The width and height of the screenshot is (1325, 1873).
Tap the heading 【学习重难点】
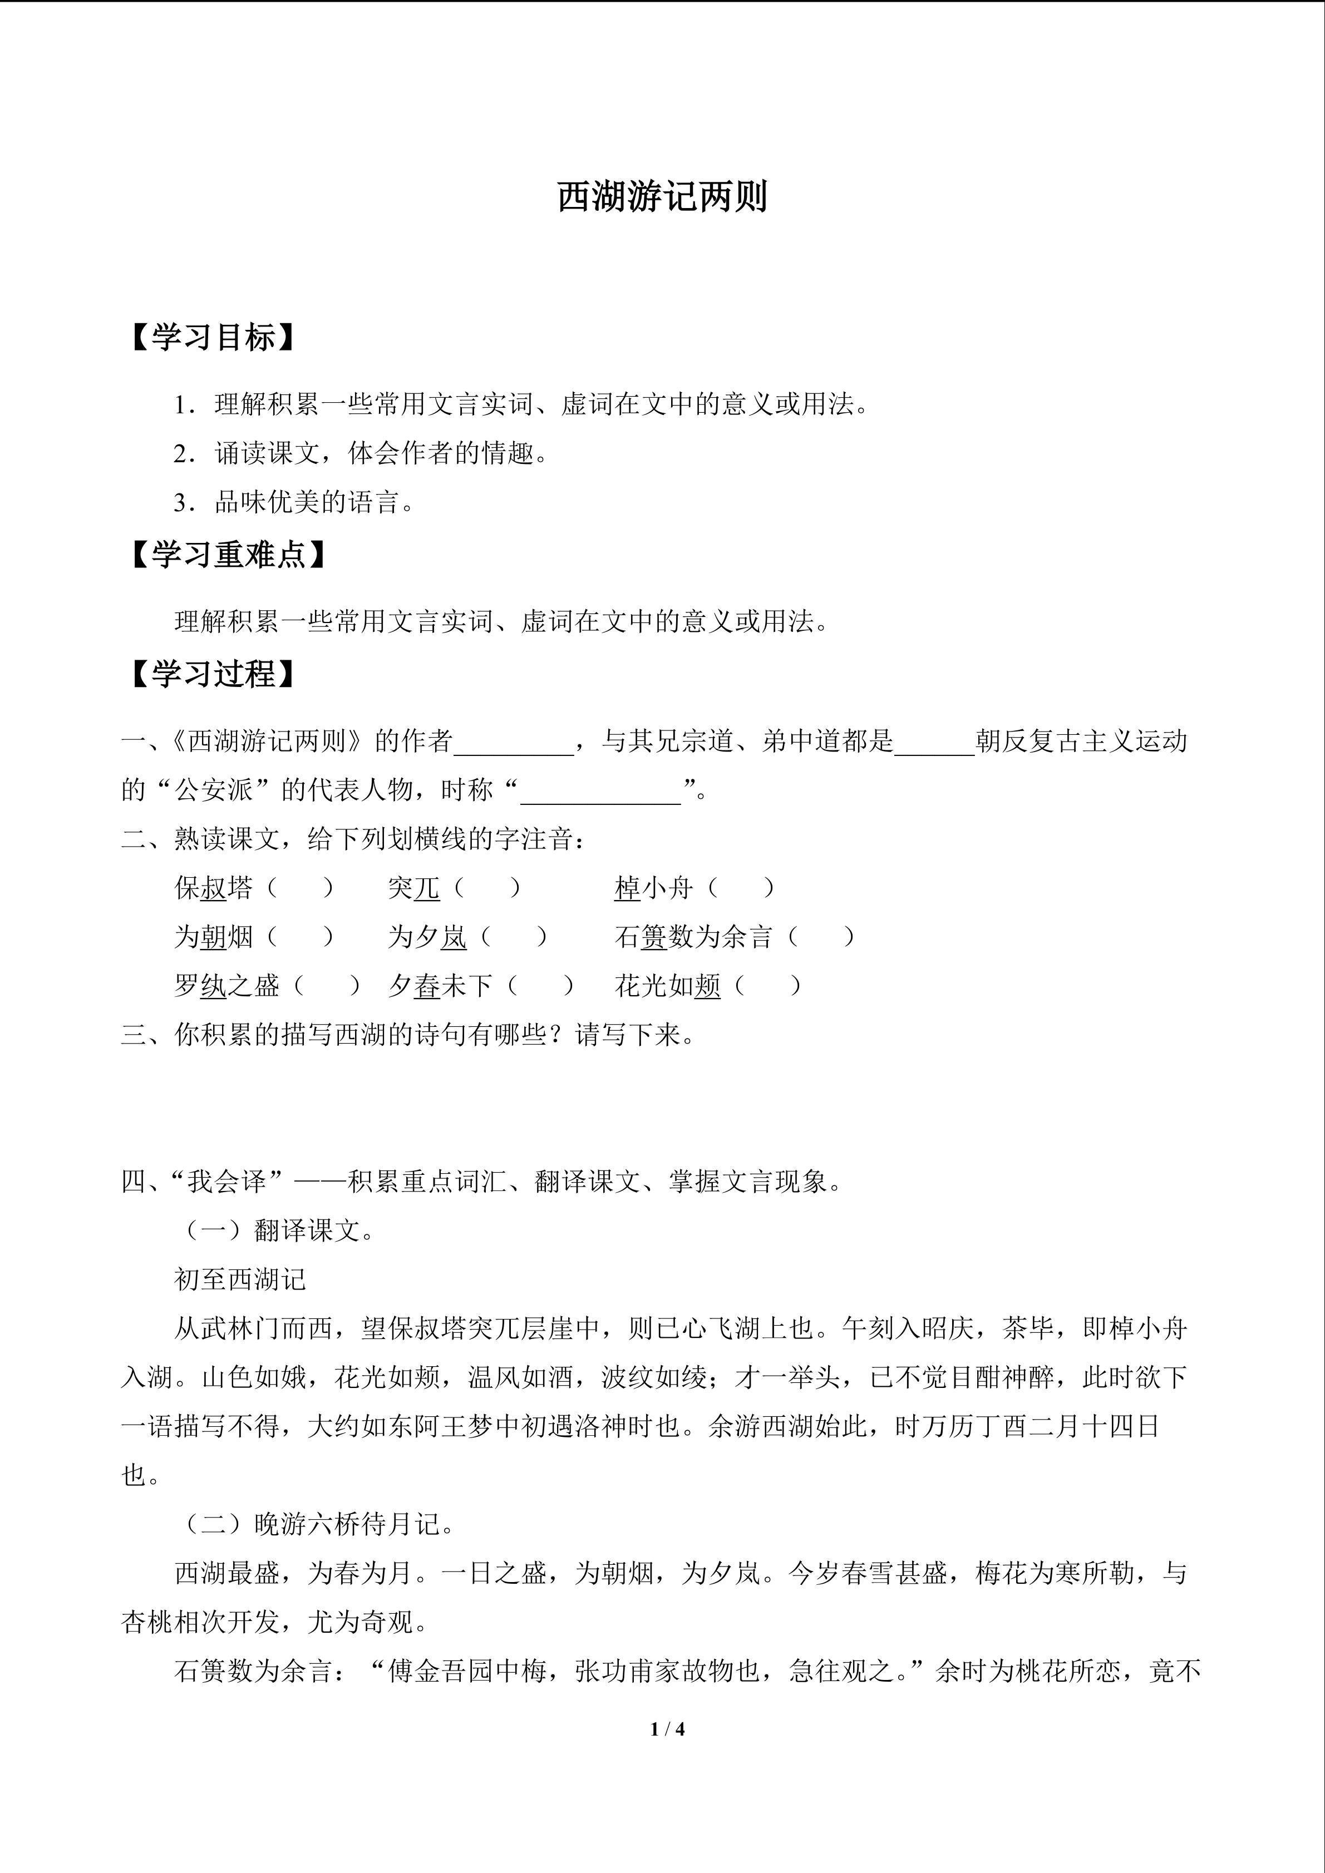pyautogui.click(x=228, y=555)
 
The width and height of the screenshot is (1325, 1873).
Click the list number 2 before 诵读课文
pyautogui.click(x=181, y=453)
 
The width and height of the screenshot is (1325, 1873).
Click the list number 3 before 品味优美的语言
pyautogui.click(x=181, y=502)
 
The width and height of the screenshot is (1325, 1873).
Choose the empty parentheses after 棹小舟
pyautogui.click(x=741, y=888)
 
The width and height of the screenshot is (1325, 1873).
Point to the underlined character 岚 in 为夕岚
pyautogui.click(x=454, y=937)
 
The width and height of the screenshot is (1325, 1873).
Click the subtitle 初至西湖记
pyautogui.click(x=240, y=1279)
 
